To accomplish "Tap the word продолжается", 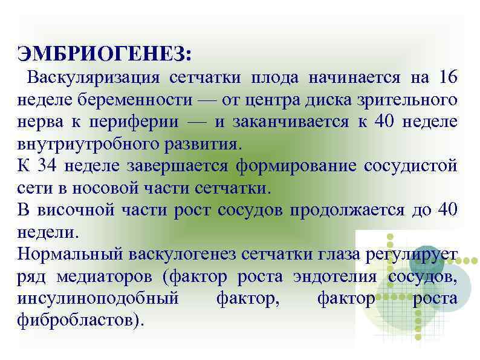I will (x=345, y=209).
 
